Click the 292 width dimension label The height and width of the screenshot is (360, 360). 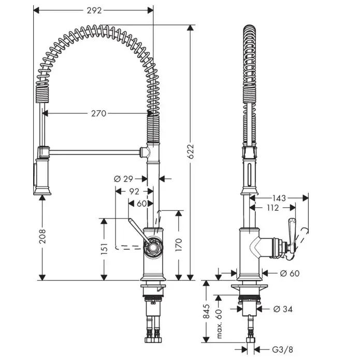click(x=94, y=10)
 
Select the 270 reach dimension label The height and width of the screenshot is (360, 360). click(x=98, y=113)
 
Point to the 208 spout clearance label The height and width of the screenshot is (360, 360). click(x=42, y=238)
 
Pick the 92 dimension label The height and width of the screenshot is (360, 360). click(x=134, y=191)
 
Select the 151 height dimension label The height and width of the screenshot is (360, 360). click(x=105, y=249)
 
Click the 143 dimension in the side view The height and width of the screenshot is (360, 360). click(x=279, y=197)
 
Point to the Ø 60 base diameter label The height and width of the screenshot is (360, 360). click(x=290, y=273)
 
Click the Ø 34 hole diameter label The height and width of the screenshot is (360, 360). click(x=283, y=309)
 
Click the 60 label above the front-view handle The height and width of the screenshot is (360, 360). click(x=142, y=203)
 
